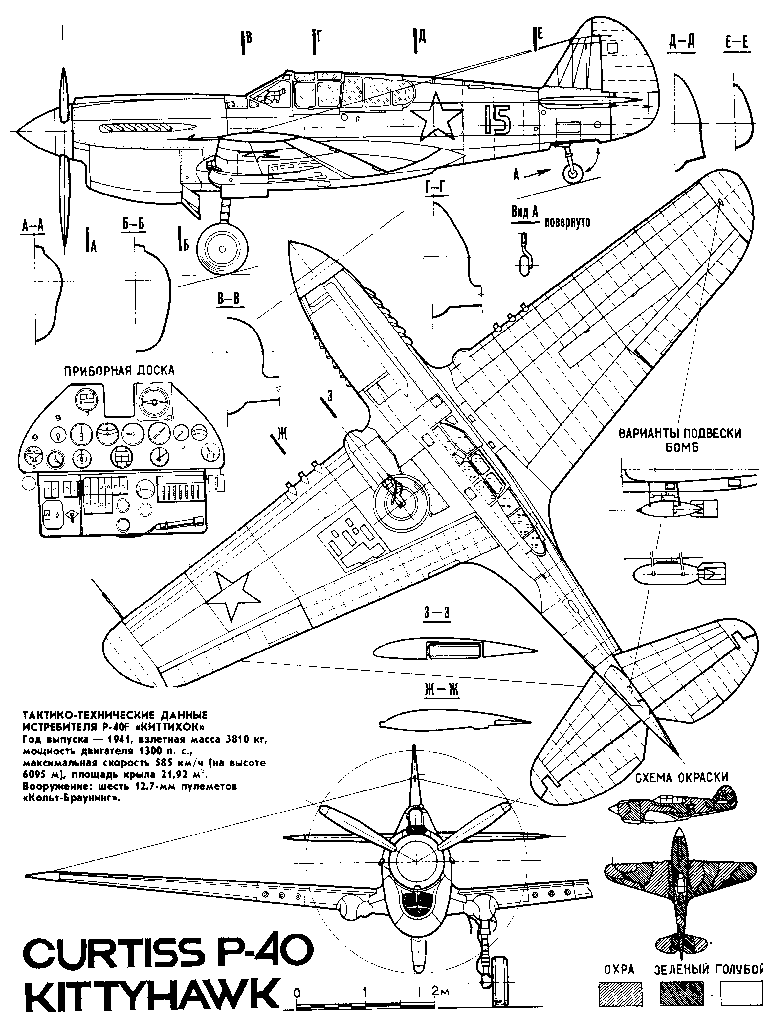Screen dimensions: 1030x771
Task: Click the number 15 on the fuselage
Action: pos(497,120)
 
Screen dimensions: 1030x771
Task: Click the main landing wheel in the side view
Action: pos(222,250)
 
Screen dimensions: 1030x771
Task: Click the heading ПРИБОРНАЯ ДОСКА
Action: pos(119,371)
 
